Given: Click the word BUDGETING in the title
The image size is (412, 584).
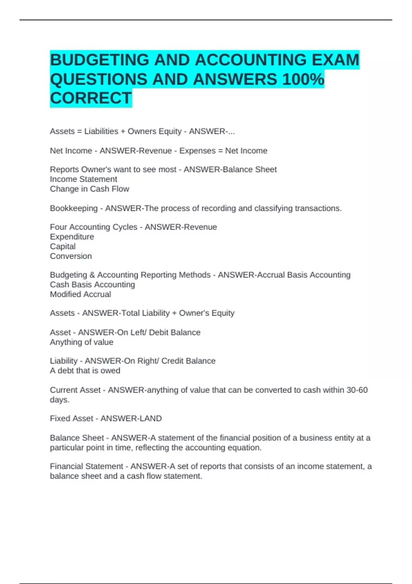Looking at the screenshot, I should [x=99, y=60].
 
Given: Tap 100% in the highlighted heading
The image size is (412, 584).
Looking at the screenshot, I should [x=303, y=79].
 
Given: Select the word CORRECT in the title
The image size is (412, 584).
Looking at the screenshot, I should [x=91, y=98].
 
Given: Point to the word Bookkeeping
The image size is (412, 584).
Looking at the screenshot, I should [x=74, y=209].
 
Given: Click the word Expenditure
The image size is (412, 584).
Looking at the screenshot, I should [x=72, y=237].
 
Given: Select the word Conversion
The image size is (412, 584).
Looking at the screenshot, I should [x=71, y=256].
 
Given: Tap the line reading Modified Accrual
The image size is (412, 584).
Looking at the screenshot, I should [x=80, y=294].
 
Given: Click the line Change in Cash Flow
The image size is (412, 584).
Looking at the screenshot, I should [x=90, y=189].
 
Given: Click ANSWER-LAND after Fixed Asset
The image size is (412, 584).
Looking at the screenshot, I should [x=131, y=418].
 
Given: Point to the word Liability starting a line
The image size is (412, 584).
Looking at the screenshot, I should [x=64, y=361].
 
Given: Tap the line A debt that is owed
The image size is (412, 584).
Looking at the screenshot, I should [x=85, y=371].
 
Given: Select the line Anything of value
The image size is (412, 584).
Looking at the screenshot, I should [x=82, y=342].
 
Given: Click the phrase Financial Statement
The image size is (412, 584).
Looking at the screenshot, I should [x=87, y=466].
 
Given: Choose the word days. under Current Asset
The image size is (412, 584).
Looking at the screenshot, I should [x=60, y=400].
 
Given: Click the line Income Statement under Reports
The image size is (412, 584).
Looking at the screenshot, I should [x=83, y=179].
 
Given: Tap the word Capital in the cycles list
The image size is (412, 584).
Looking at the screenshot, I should [x=63, y=247].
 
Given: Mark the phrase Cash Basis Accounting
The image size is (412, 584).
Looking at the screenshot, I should [x=92, y=285].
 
